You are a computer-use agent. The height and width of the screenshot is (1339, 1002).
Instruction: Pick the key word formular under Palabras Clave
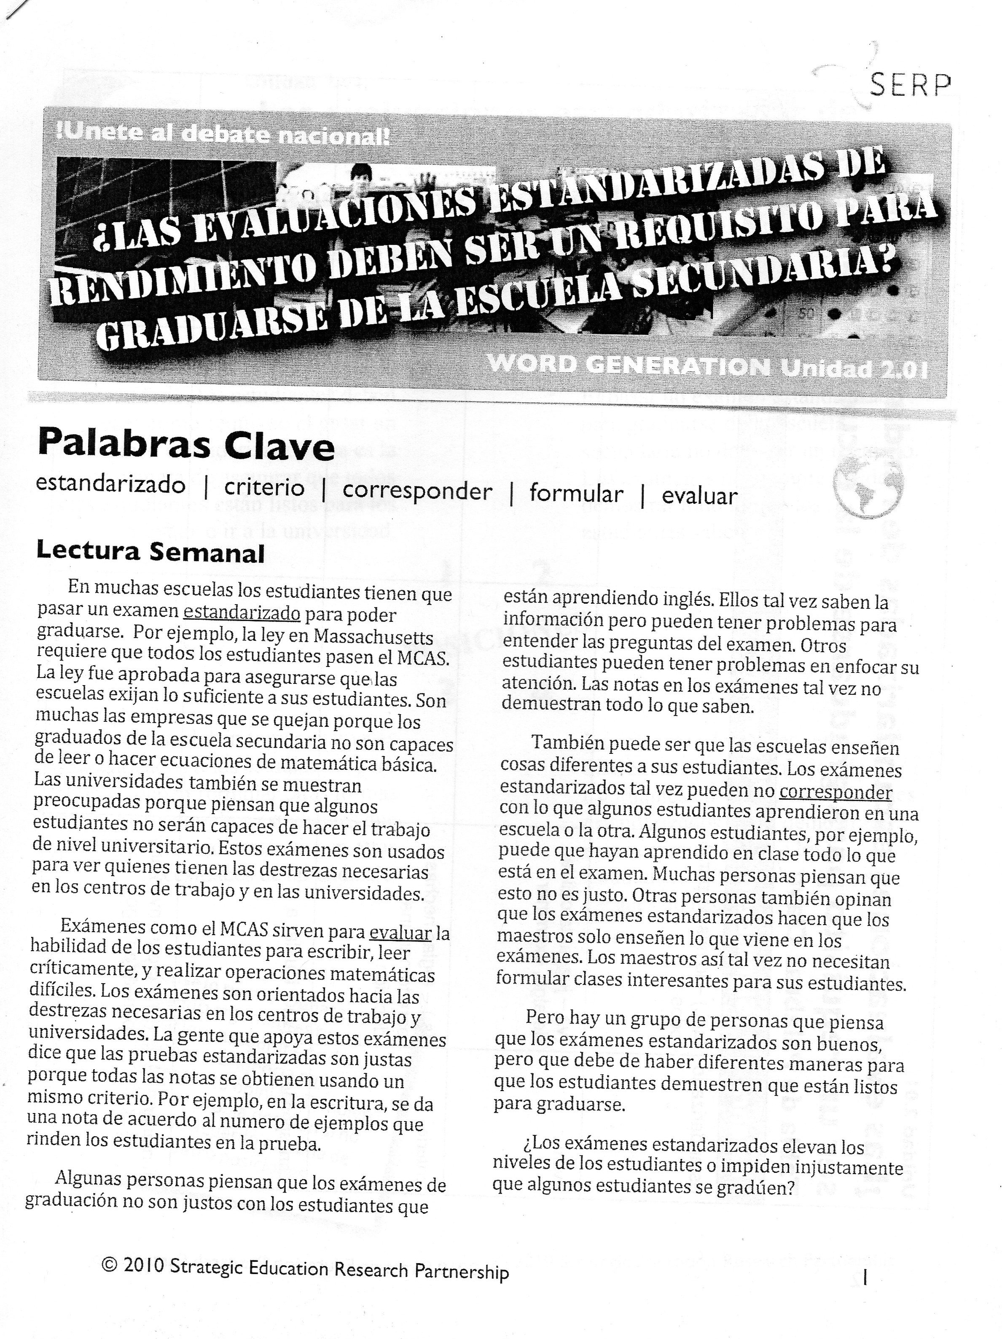coord(575,493)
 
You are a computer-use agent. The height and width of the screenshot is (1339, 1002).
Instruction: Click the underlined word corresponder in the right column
coord(835,792)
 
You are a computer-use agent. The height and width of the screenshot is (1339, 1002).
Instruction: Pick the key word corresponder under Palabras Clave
coord(417,490)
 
